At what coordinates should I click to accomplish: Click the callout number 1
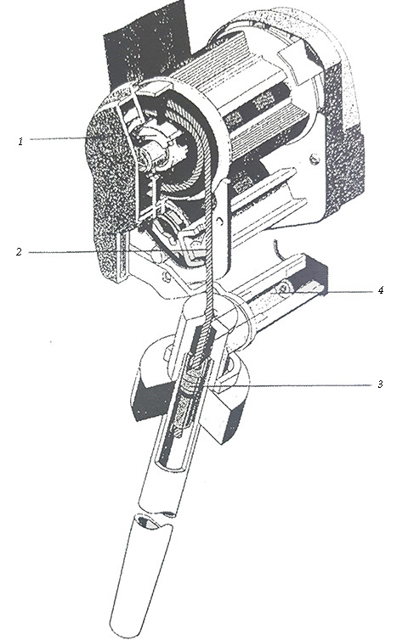pyautogui.click(x=20, y=142)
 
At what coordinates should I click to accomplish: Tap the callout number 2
pyautogui.click(x=19, y=252)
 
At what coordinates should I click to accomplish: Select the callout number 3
pyautogui.click(x=380, y=384)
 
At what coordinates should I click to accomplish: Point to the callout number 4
pyautogui.click(x=380, y=290)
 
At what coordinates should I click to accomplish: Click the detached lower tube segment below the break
pyautogui.click(x=141, y=575)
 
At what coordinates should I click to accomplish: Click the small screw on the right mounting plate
pyautogui.click(x=314, y=158)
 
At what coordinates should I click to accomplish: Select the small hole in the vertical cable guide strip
pyautogui.click(x=221, y=222)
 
